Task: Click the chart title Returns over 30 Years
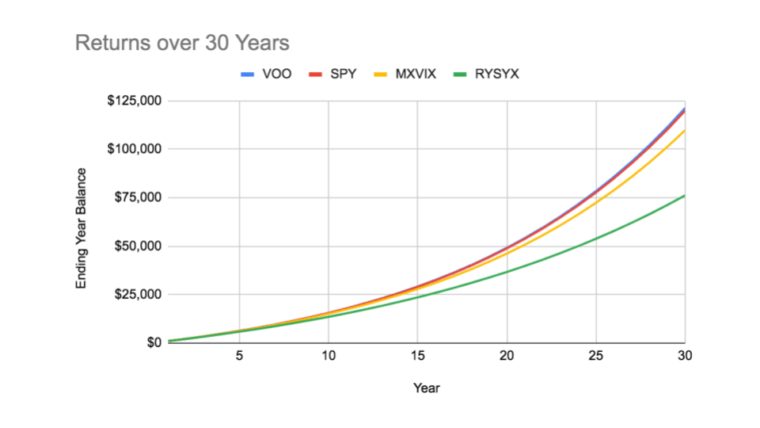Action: [181, 43]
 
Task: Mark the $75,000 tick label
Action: [138, 197]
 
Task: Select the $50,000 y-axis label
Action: [138, 246]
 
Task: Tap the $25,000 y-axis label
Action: [138, 294]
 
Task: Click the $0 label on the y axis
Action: [152, 342]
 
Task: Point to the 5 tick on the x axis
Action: [239, 356]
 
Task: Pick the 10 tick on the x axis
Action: [329, 356]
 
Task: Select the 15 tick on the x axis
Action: [418, 356]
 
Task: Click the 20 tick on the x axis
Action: [507, 356]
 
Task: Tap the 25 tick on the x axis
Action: [596, 356]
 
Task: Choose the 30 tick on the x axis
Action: [685, 356]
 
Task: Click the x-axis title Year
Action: [426, 388]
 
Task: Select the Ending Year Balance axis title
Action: [82, 227]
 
